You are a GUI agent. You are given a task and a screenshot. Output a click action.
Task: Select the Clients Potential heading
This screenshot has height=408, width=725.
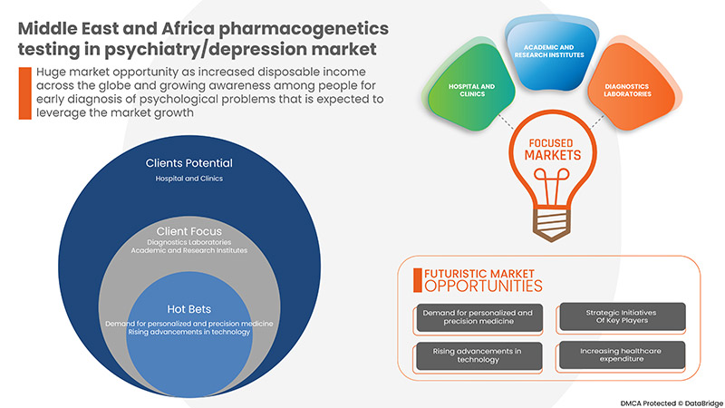pyautogui.click(x=188, y=163)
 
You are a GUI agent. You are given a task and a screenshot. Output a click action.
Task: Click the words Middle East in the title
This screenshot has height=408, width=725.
pyautogui.click(x=64, y=28)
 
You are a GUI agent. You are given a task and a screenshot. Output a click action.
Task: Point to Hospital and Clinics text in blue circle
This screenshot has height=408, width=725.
pyautogui.click(x=188, y=179)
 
